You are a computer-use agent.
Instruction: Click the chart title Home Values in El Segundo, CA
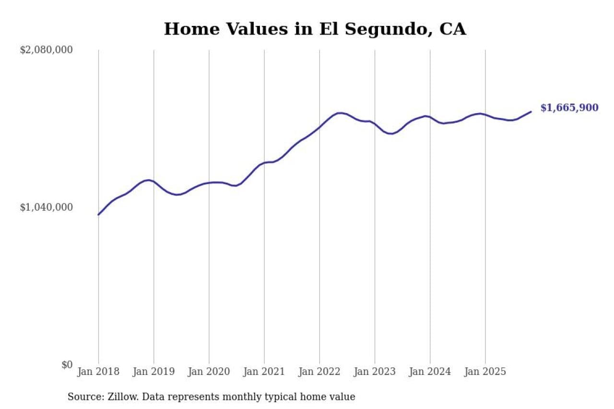pyautogui.click(x=315, y=29)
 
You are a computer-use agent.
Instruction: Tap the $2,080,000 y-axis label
pyautogui.click(x=46, y=49)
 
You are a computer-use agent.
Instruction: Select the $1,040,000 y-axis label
pyautogui.click(x=46, y=207)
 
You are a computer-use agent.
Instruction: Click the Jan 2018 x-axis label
pyautogui.click(x=98, y=372)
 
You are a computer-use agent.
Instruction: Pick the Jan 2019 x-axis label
pyautogui.click(x=153, y=372)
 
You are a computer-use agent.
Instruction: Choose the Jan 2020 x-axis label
pyautogui.click(x=209, y=372)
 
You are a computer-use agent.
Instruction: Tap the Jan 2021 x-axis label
pyautogui.click(x=264, y=372)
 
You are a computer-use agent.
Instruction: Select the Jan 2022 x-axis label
pyautogui.click(x=319, y=372)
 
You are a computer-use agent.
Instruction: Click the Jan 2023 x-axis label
pyautogui.click(x=375, y=372)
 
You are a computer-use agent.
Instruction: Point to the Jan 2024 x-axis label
pyautogui.click(x=430, y=372)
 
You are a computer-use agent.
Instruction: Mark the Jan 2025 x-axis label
pyautogui.click(x=485, y=372)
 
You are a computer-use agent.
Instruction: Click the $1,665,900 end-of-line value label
pyautogui.click(x=569, y=108)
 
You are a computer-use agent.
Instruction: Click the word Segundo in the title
pyautogui.click(x=378, y=29)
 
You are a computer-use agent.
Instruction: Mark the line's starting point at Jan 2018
pyautogui.click(x=98, y=214)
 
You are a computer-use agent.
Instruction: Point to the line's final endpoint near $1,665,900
pyautogui.click(x=531, y=112)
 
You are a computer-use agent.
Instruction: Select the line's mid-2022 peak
pyautogui.click(x=340, y=113)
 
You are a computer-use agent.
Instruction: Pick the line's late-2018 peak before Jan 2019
pyautogui.click(x=148, y=180)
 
